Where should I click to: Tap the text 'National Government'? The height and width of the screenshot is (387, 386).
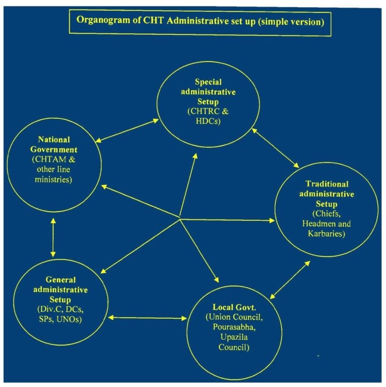click(54, 145)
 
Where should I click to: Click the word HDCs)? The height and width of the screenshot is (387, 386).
click(208, 121)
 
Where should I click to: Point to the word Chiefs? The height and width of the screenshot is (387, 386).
click(326, 214)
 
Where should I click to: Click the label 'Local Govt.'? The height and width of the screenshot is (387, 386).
click(234, 307)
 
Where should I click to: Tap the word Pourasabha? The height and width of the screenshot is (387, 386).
click(233, 327)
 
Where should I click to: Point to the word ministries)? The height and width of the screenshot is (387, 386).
click(53, 179)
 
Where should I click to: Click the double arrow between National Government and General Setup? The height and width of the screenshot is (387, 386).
click(53, 238)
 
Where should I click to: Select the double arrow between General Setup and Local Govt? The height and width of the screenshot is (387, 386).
click(148, 318)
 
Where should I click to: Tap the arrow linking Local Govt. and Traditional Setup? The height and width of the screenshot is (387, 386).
click(290, 280)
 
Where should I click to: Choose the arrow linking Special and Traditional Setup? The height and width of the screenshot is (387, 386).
click(275, 148)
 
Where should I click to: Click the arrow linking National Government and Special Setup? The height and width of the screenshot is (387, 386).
click(127, 131)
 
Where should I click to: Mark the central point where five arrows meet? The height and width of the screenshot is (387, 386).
click(180, 219)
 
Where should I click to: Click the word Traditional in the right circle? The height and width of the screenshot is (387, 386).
click(327, 184)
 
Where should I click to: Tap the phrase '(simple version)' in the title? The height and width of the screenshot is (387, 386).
click(291, 21)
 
